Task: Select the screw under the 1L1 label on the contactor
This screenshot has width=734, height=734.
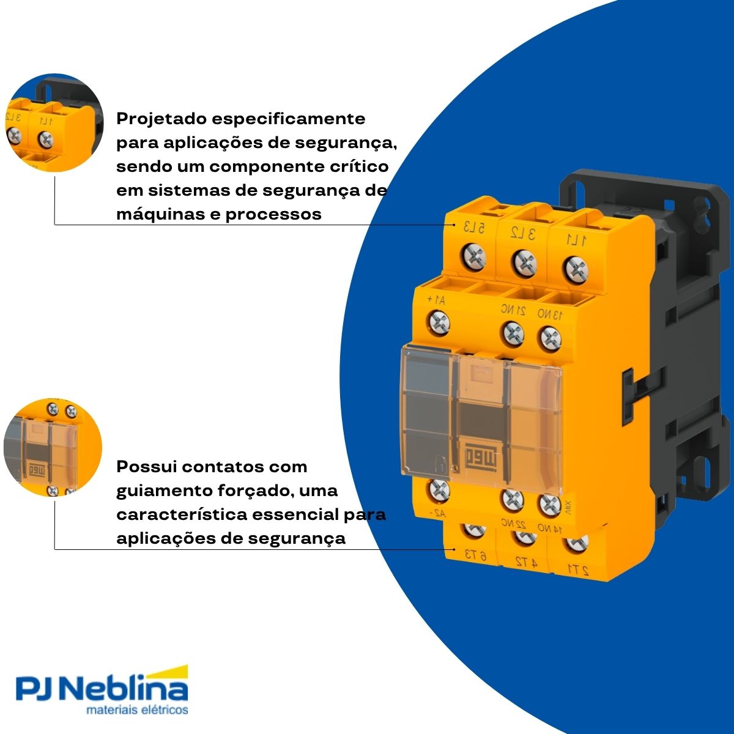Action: tap(574, 268)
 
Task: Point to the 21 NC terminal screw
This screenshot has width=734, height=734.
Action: tap(513, 333)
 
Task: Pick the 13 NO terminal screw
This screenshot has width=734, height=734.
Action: tap(550, 338)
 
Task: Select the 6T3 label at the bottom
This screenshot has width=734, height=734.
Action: tap(475, 555)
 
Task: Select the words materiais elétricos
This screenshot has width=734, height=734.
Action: tap(137, 711)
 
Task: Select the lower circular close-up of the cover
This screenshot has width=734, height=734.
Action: tap(53, 447)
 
